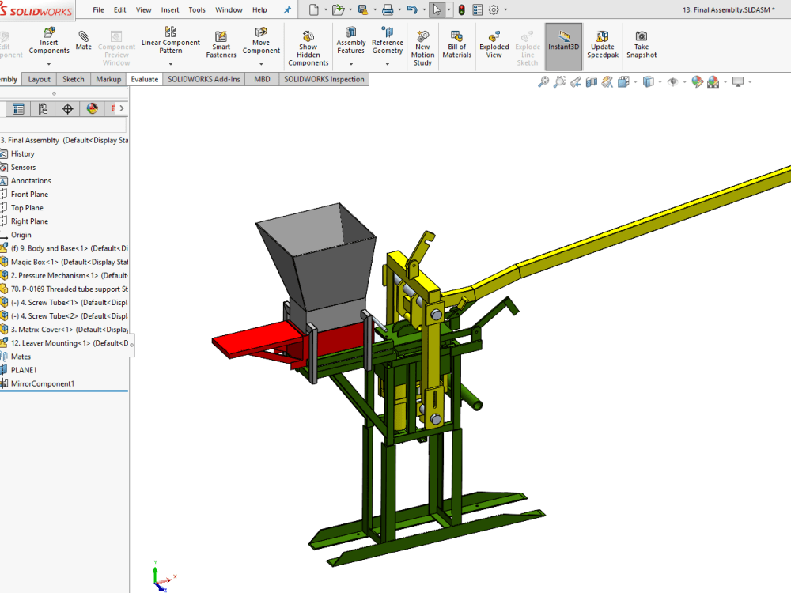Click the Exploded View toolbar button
pyautogui.click(x=494, y=44)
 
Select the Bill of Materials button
pyautogui.click(x=456, y=44)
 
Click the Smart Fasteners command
pyautogui.click(x=221, y=44)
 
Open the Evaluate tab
pyautogui.click(x=145, y=79)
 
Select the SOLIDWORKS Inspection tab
pyautogui.click(x=324, y=79)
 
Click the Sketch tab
pyautogui.click(x=74, y=79)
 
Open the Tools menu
pyautogui.click(x=197, y=10)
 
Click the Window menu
pyautogui.click(x=229, y=10)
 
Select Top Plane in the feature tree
pyautogui.click(x=27, y=208)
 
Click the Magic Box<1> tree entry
pyautogui.click(x=35, y=262)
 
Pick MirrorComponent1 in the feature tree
pyautogui.click(x=43, y=383)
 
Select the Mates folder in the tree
pyautogui.click(x=21, y=357)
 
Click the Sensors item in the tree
pyautogui.click(x=23, y=168)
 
